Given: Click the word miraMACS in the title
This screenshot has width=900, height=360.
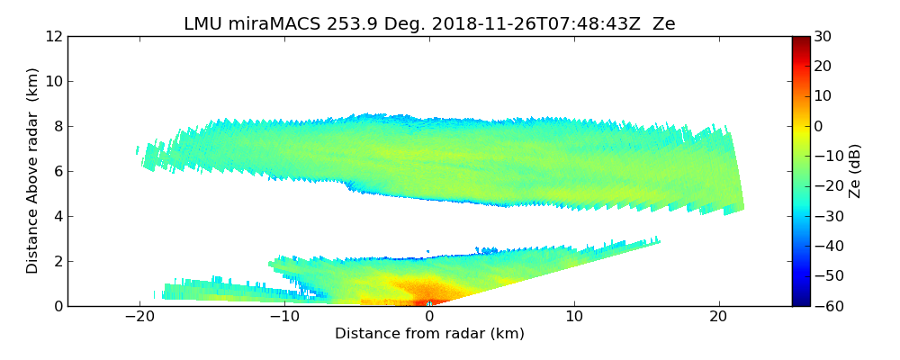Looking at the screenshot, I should tap(272, 24).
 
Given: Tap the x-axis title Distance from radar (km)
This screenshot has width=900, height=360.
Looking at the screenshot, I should tap(429, 334).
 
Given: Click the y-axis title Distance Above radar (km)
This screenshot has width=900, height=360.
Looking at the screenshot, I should tap(33, 170).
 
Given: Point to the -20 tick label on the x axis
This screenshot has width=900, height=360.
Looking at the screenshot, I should tap(139, 317).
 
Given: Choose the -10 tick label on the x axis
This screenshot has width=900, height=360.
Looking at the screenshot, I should tap(283, 317).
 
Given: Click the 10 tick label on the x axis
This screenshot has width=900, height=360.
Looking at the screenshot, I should tap(574, 317).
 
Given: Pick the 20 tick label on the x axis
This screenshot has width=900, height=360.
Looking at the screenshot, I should tap(719, 317).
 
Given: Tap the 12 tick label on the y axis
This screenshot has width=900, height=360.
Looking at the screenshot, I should tap(54, 36).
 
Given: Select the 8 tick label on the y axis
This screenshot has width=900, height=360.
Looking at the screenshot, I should tap(58, 126).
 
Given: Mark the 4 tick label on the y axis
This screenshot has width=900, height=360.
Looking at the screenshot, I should tap(58, 216).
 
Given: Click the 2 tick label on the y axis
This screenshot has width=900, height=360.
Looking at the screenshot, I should tap(58, 261).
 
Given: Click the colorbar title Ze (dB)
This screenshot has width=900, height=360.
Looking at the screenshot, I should tap(855, 170).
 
